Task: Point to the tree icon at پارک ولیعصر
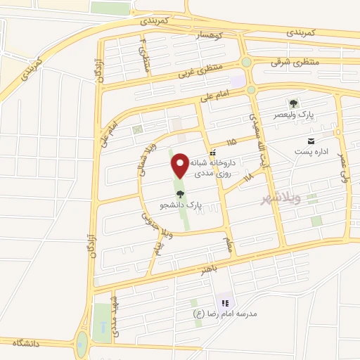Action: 293,103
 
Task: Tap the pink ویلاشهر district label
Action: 280,198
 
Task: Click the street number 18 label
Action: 248,179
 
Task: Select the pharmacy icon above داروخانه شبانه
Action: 212,151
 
